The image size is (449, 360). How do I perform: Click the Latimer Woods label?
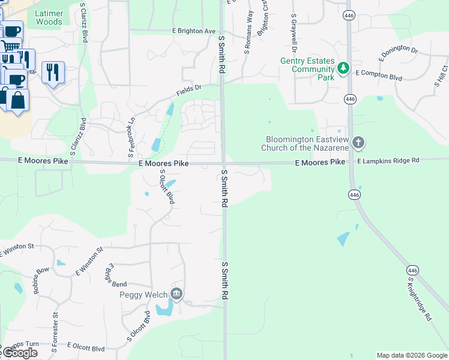pos(49,17)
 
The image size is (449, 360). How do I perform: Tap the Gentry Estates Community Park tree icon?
pos(343,68)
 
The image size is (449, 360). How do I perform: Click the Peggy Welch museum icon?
pos(176,294)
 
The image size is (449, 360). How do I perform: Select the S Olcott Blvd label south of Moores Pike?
pos(166,187)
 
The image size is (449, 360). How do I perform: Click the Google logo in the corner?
pos(20,353)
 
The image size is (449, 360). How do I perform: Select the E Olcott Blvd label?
pos(86,347)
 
